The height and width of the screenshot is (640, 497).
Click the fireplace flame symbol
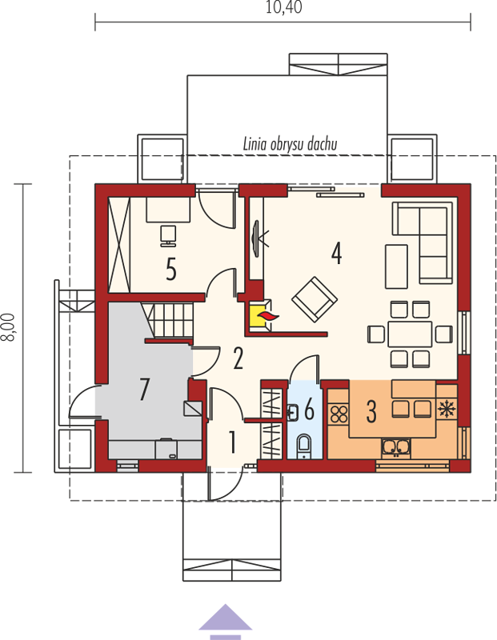[x=267, y=315]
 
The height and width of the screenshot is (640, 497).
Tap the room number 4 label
[x=336, y=253]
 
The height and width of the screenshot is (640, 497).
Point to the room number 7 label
[x=144, y=389]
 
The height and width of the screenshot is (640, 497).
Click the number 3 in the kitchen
[x=371, y=411]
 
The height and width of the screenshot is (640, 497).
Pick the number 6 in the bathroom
[x=310, y=409]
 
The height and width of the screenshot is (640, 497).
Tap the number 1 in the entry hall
[x=232, y=442]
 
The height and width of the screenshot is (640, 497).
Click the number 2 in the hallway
[x=238, y=358]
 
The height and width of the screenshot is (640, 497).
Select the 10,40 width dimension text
[x=284, y=7]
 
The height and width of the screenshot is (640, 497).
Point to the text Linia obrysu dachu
[x=290, y=145]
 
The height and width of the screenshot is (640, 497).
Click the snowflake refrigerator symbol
[x=446, y=409]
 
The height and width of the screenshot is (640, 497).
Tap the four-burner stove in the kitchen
[x=339, y=414]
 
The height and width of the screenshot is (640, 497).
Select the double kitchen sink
[x=395, y=448]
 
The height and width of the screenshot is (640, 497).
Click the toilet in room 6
[x=303, y=445]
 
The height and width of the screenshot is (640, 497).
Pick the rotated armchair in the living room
[x=314, y=299]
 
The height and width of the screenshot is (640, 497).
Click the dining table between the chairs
[x=410, y=334]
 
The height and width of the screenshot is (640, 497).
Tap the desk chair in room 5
[x=168, y=235]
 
